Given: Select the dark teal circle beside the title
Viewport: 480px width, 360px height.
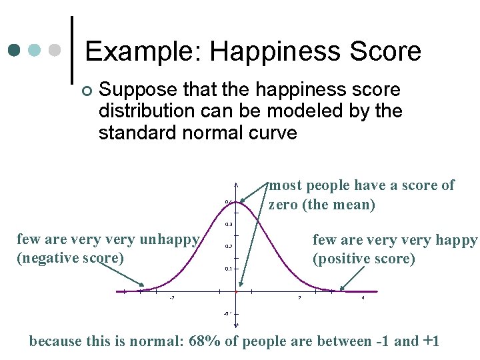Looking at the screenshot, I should [x=15, y=51].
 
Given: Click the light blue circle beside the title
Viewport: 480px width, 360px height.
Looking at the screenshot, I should [x=35, y=51].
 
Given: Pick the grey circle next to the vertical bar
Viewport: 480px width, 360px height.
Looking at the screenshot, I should [x=55, y=51].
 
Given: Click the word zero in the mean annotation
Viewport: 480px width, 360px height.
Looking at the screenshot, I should [x=283, y=205].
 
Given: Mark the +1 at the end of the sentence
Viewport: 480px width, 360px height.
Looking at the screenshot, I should [x=431, y=341].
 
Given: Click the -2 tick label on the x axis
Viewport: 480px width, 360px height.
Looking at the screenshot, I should [x=172, y=298].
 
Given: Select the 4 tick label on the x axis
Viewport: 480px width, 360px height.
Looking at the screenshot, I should [x=363, y=298].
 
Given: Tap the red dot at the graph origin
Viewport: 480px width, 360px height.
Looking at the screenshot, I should [x=237, y=291].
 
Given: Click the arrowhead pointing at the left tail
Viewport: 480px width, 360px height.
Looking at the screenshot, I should [x=142, y=285].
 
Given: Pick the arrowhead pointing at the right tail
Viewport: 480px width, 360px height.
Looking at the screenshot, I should [x=341, y=289].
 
